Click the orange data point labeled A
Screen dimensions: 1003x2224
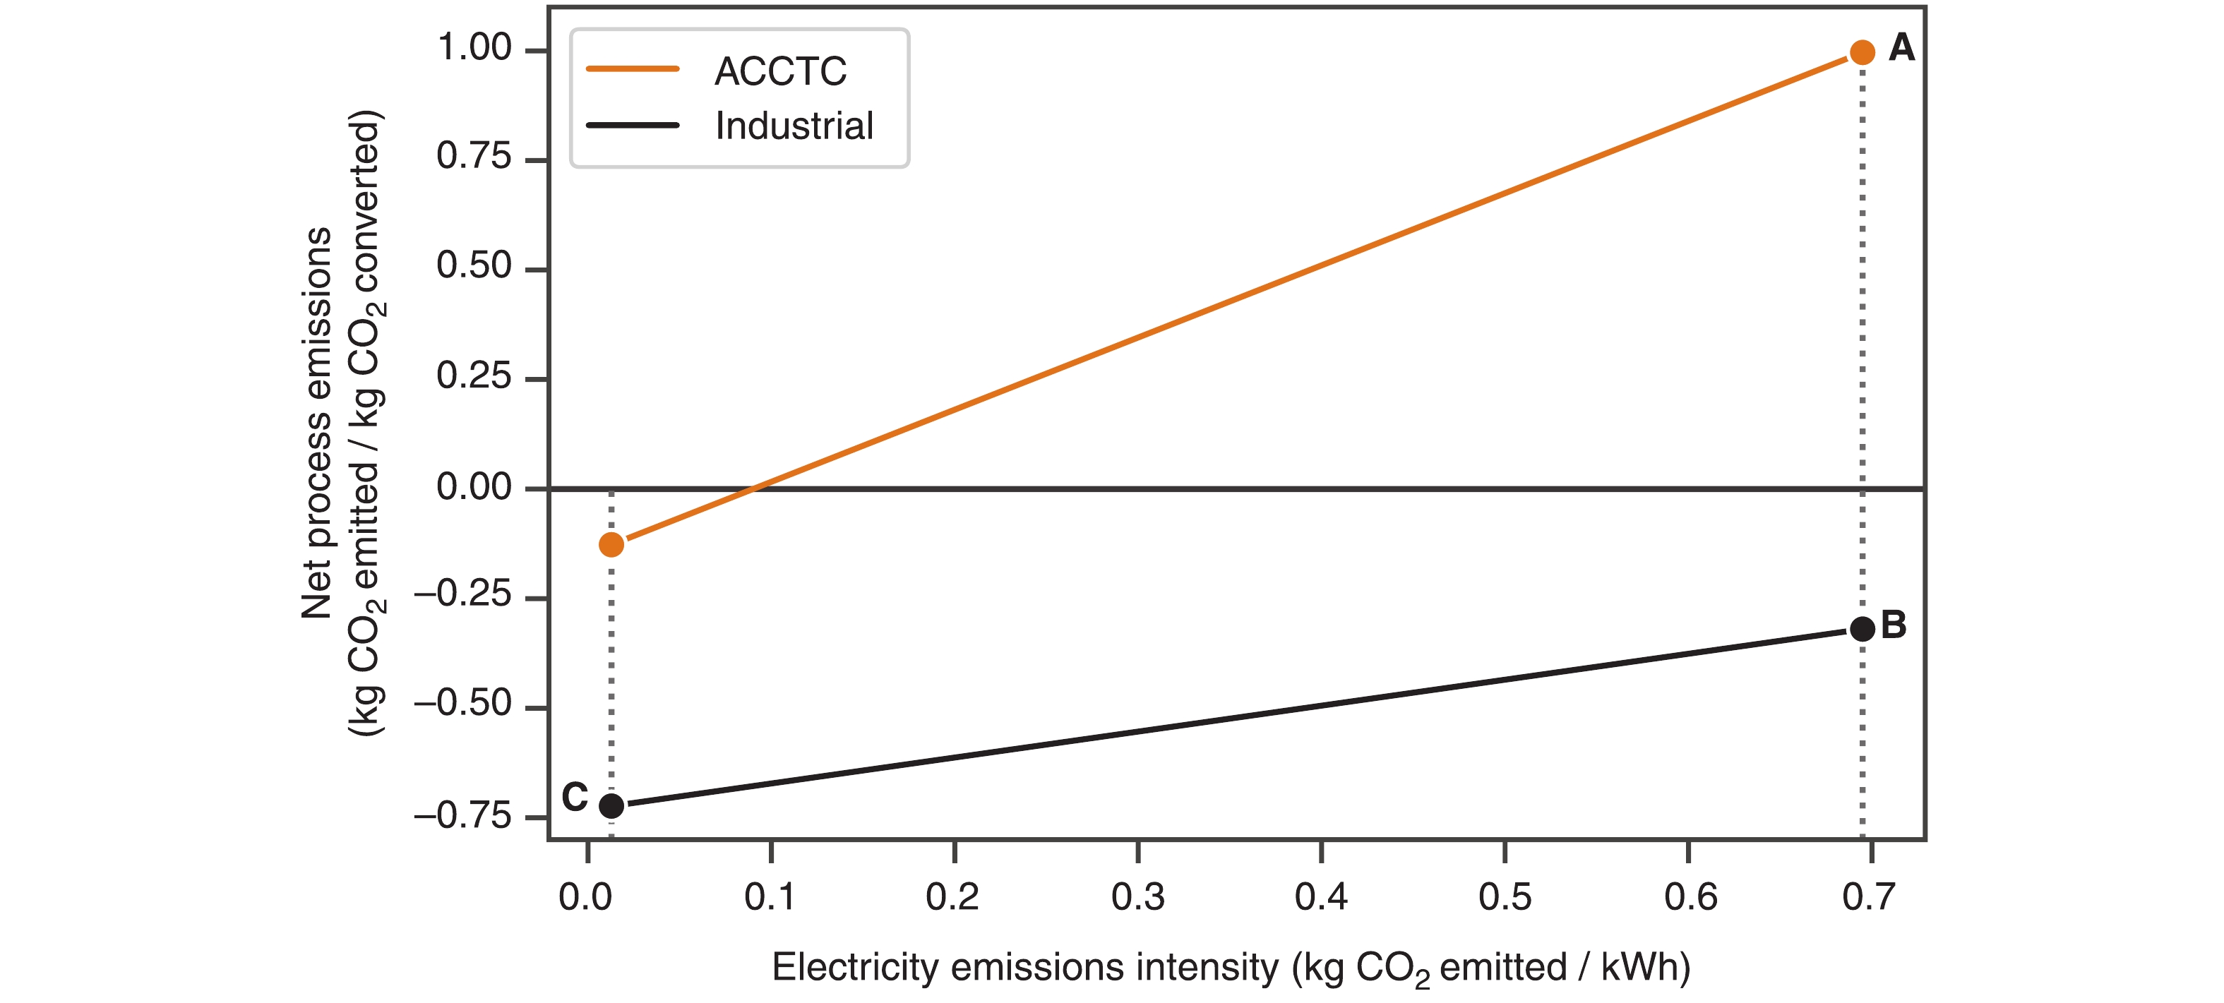click(1863, 53)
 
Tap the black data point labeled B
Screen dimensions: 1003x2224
click(1863, 628)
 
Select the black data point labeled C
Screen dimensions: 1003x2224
click(611, 805)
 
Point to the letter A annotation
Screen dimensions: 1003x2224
click(1901, 47)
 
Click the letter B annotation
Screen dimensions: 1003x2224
click(1894, 625)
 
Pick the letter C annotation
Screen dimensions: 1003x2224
click(574, 797)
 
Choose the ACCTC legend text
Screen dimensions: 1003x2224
click(780, 71)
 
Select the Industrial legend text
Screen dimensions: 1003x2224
click(794, 126)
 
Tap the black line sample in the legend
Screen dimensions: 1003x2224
click(633, 125)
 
